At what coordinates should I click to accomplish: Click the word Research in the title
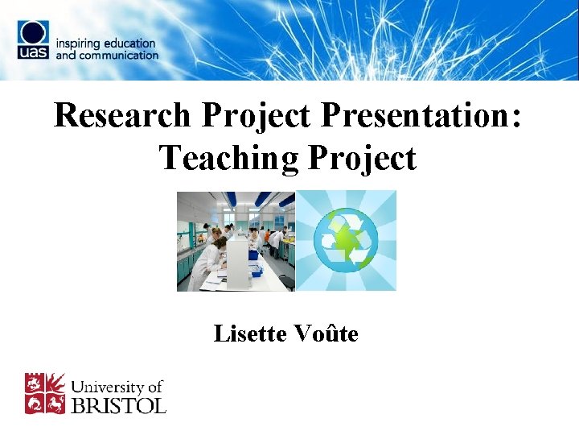122,116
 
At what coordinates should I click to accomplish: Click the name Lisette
247,333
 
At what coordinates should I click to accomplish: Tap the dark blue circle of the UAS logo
35,34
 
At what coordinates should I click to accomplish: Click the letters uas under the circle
35,52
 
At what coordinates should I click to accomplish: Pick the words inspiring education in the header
105,43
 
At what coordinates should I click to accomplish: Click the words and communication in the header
107,55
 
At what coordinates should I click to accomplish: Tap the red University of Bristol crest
45,392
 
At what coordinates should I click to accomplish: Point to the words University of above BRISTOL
118,387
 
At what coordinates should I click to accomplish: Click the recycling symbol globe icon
346,241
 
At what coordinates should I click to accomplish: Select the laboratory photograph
236,241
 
